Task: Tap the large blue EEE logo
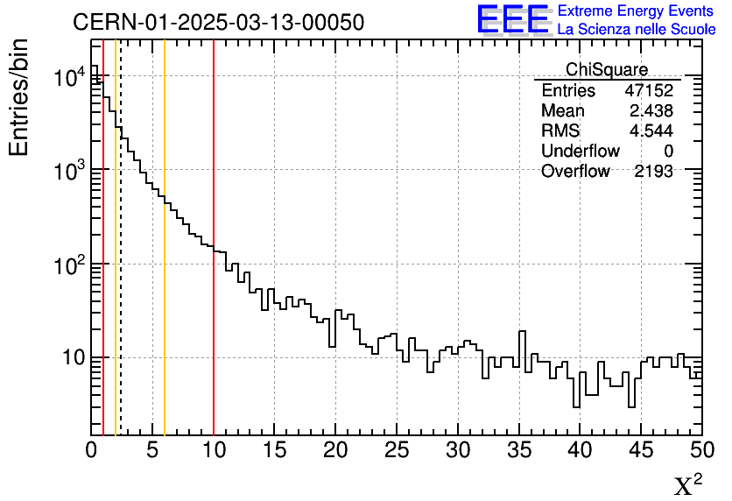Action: pyautogui.click(x=513, y=19)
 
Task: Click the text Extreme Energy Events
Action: pyautogui.click(x=637, y=11)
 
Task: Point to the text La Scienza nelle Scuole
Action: pyautogui.click(x=637, y=30)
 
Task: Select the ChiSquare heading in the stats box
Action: pyautogui.click(x=607, y=70)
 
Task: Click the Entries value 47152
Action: pyautogui.click(x=648, y=91)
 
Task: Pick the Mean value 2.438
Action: pyautogui.click(x=651, y=111)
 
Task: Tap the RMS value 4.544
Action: pyautogui.click(x=651, y=131)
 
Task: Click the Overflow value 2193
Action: pyautogui.click(x=653, y=172)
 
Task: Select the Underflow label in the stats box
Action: pyautogui.click(x=580, y=152)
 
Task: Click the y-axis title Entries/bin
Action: pyautogui.click(x=19, y=96)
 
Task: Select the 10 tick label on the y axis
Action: pyautogui.click(x=67, y=358)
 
